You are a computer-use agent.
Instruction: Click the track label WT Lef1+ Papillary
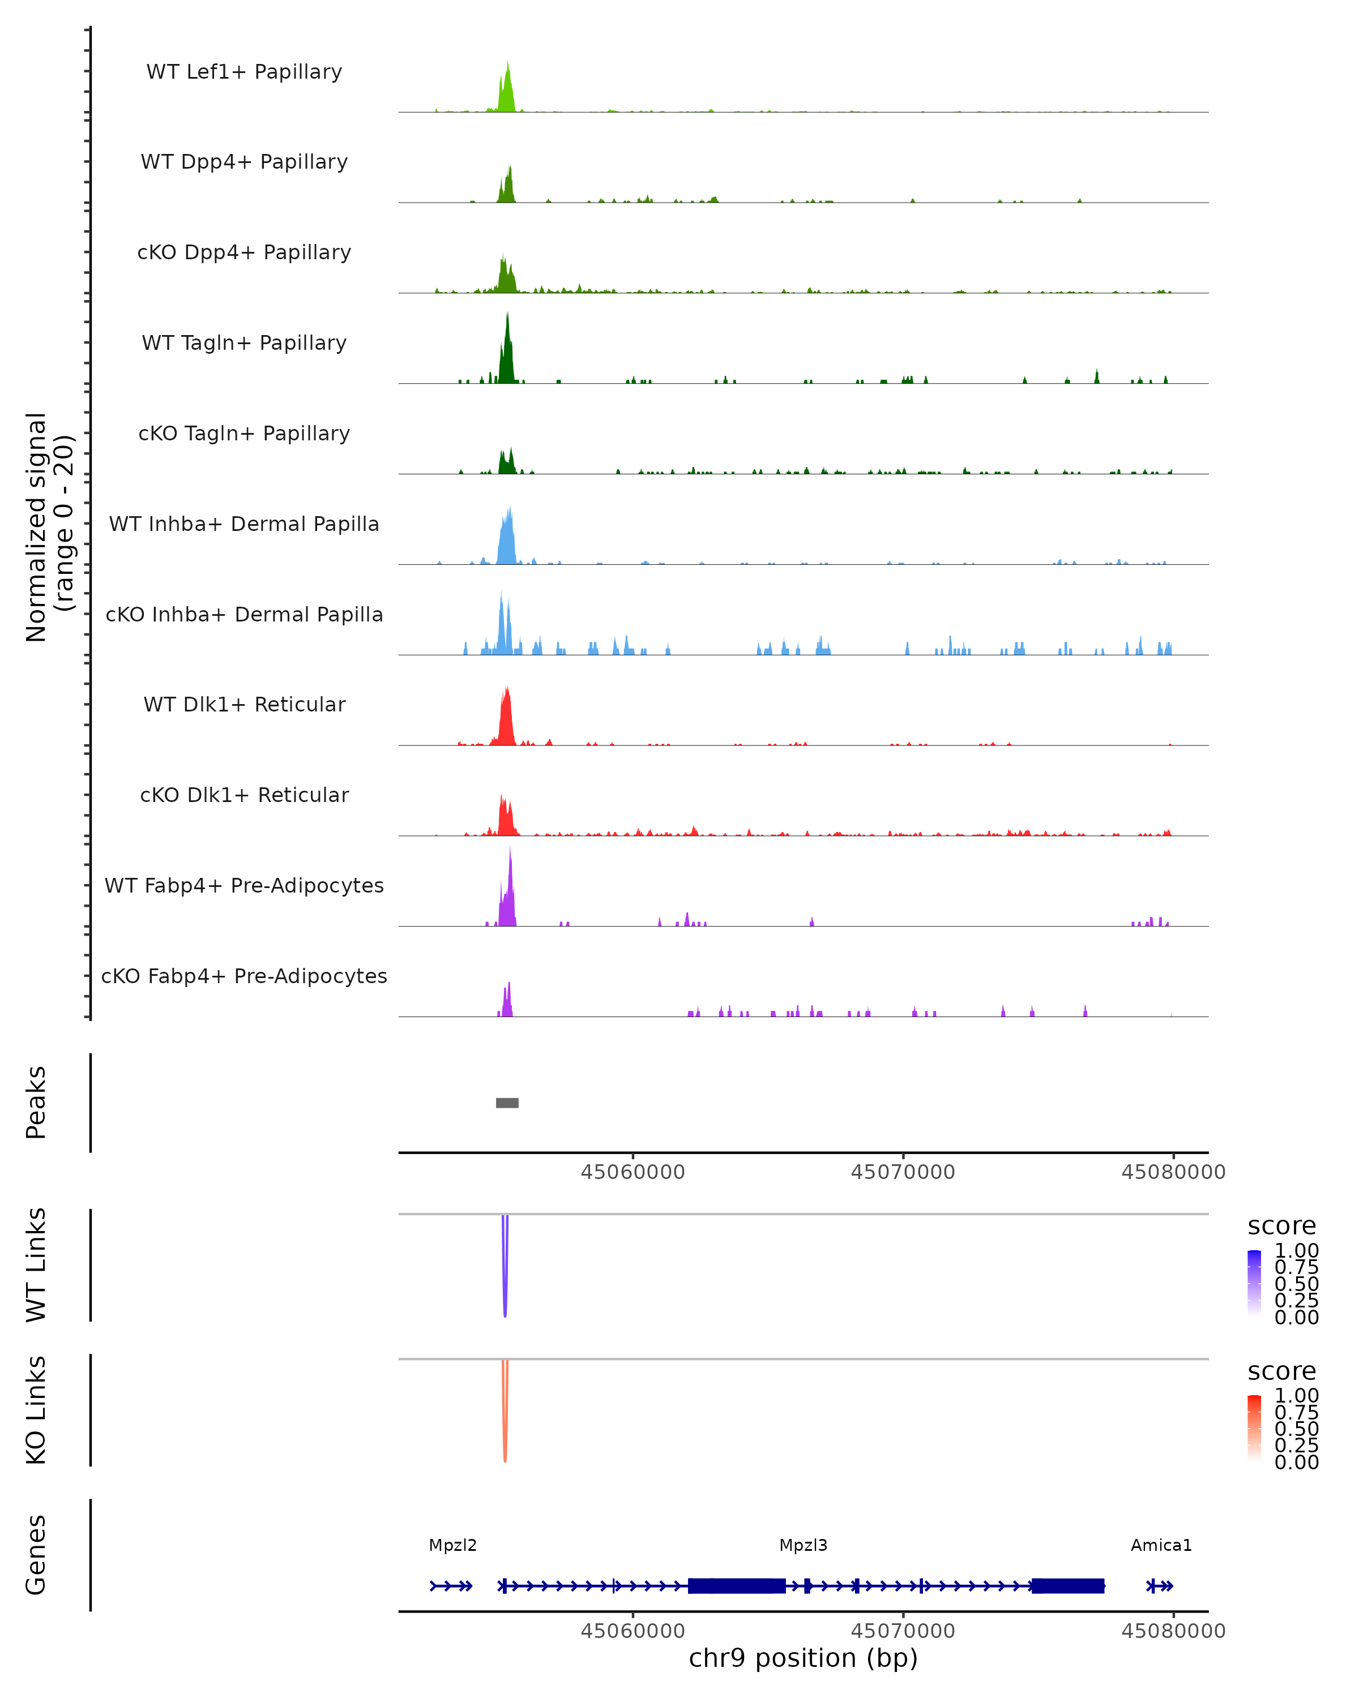click(244, 72)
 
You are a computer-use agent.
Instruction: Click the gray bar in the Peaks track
click(507, 1103)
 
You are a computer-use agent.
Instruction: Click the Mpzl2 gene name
click(452, 1545)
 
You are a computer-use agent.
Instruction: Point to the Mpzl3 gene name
click(803, 1545)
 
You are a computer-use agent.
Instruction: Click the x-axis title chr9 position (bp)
click(803, 1658)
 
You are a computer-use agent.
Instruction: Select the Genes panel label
click(36, 1555)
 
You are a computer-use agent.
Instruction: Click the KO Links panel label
click(36, 1410)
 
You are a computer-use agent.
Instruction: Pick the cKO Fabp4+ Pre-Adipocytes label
click(244, 976)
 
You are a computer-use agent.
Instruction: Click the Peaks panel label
click(36, 1103)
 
